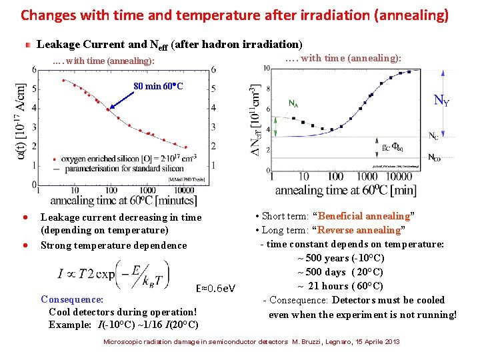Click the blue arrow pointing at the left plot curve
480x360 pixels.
coord(123,101)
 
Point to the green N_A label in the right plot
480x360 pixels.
coord(293,103)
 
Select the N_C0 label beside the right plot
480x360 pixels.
coord(434,157)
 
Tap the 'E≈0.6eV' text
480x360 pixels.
coord(215,288)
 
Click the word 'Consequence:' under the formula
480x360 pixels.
coord(72,299)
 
